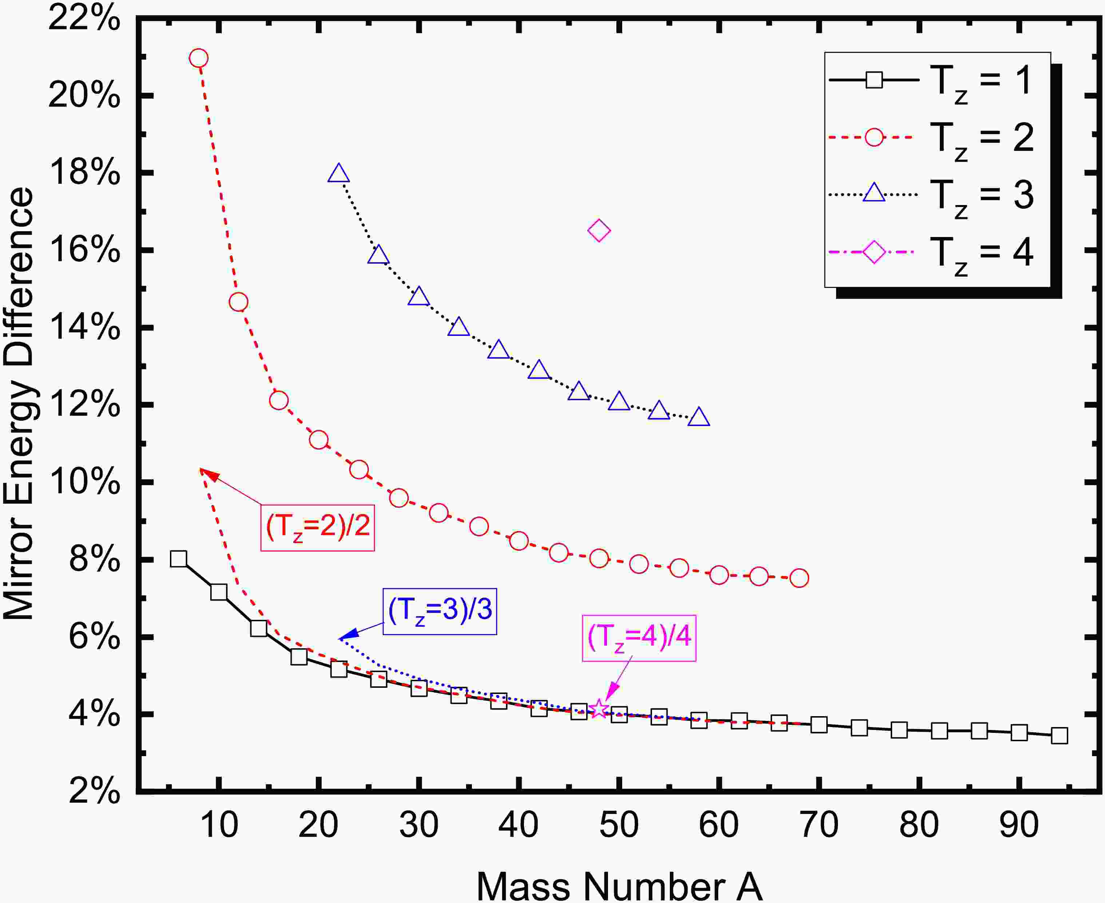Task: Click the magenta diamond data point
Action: [x=599, y=230]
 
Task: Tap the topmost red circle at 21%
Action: [x=199, y=58]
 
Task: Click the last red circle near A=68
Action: [x=799, y=578]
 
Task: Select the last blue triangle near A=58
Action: [x=699, y=418]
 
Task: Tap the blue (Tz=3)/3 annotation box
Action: [x=440, y=611]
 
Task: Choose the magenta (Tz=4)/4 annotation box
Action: [x=639, y=638]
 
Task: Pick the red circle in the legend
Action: [x=874, y=137]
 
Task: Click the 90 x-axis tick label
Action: [x=1019, y=824]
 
